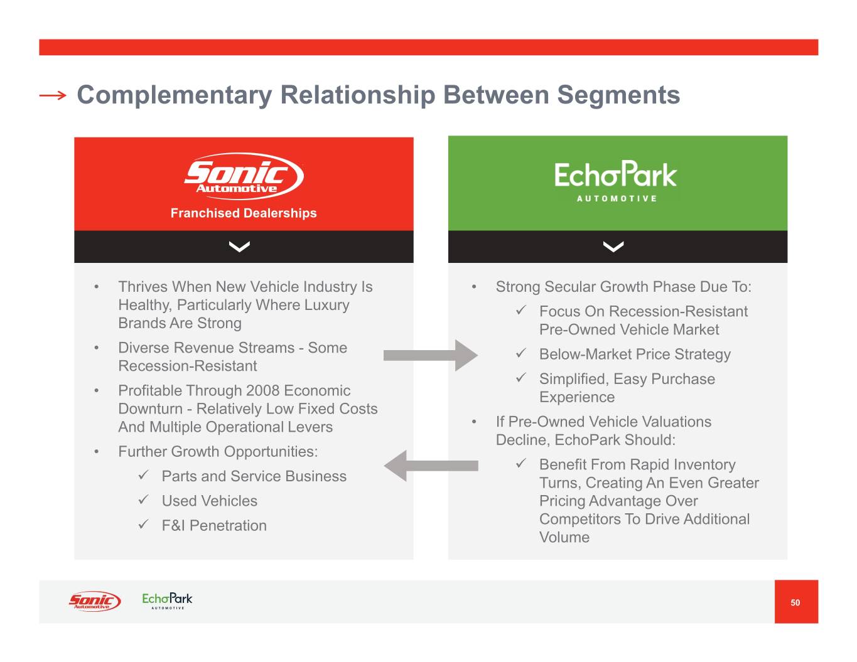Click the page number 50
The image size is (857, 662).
[x=795, y=602]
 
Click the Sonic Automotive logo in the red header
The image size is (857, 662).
[x=244, y=176]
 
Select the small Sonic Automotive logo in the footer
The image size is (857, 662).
[x=94, y=601]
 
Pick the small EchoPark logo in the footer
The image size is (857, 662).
[x=167, y=601]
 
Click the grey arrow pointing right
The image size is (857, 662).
[x=430, y=355]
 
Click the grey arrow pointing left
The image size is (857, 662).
[x=431, y=466]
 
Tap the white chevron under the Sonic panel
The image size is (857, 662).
[x=239, y=247]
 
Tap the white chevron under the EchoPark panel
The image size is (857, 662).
[x=613, y=247]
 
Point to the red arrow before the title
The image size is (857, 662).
[x=52, y=95]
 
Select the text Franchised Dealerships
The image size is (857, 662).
[x=244, y=213]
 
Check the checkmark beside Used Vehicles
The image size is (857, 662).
[x=144, y=500]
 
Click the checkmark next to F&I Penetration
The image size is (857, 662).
[x=144, y=525]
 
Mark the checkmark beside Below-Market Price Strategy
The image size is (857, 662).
[x=521, y=353]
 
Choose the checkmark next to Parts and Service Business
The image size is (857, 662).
[x=144, y=476]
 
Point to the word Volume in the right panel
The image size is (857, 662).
[x=564, y=537]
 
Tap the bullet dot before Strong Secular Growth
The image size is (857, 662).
[x=475, y=287]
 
